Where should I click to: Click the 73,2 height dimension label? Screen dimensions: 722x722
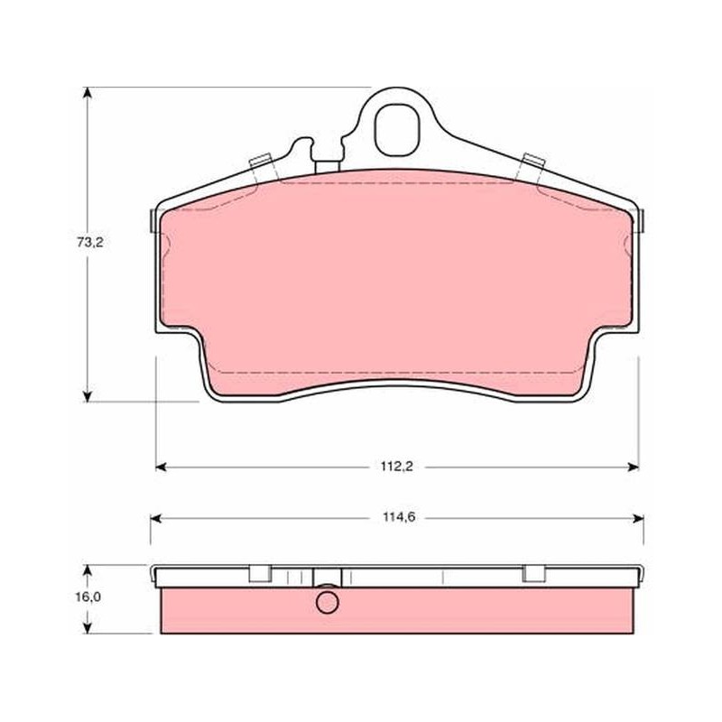(x=90, y=242)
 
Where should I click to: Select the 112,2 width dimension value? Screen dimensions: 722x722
(x=396, y=467)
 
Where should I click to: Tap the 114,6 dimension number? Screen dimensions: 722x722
(x=399, y=517)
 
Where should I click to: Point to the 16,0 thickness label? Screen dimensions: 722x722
(x=88, y=597)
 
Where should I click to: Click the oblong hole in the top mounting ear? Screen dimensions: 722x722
(x=397, y=129)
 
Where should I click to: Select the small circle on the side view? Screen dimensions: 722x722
(x=328, y=602)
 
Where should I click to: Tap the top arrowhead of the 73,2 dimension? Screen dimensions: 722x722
(x=87, y=93)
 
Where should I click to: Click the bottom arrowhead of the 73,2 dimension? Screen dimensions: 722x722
(x=87, y=396)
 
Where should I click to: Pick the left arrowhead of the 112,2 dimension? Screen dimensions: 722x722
(x=162, y=467)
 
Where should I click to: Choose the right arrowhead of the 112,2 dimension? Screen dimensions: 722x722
(x=634, y=467)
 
